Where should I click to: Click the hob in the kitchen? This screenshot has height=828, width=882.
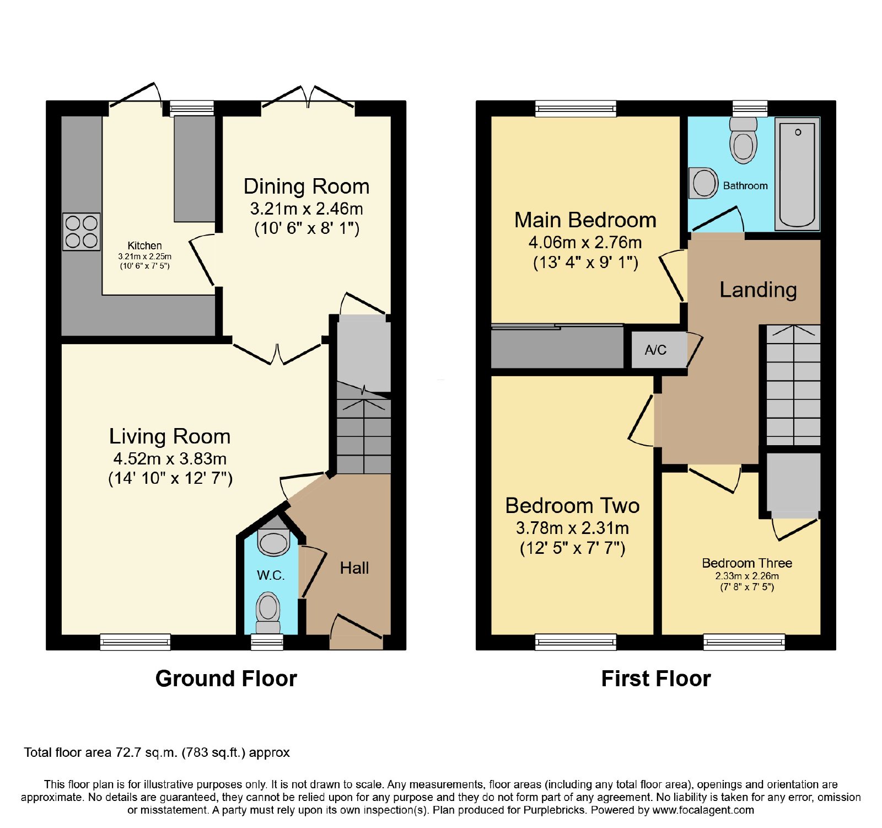tap(82, 232)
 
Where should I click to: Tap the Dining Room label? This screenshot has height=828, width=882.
tap(306, 186)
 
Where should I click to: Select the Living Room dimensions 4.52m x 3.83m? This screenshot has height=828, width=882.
tap(170, 458)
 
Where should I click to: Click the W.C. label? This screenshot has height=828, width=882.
tap(271, 575)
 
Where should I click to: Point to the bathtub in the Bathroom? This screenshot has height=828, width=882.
tap(797, 174)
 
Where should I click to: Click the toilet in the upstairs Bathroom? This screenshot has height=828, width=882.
tap(743, 140)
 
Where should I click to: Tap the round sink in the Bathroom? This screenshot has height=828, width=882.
tap(703, 183)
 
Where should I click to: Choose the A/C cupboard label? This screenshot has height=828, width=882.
tap(655, 350)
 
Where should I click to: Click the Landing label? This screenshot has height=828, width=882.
tap(758, 290)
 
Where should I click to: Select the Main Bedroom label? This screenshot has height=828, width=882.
tap(585, 220)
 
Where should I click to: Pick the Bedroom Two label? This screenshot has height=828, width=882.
tap(572, 506)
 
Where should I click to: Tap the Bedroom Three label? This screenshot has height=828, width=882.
tap(747, 563)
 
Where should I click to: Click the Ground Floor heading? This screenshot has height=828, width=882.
tap(226, 679)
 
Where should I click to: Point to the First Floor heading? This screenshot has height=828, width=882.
tap(656, 679)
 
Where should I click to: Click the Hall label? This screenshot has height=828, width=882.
tap(354, 568)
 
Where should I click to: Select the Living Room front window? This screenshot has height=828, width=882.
tap(135, 642)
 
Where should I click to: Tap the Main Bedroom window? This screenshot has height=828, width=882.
tap(576, 109)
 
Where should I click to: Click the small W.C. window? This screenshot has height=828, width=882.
tap(267, 642)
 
